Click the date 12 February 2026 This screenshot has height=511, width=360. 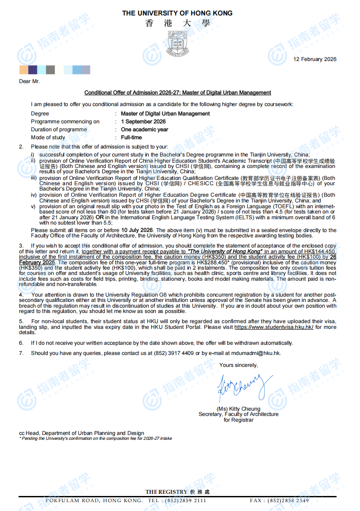315,59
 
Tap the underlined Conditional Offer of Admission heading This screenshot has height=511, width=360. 178,93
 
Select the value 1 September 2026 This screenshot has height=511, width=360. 143,122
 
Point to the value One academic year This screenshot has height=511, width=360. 145,130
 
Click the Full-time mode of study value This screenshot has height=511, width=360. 131,137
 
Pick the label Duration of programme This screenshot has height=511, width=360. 59,130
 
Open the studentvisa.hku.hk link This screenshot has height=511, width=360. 274,327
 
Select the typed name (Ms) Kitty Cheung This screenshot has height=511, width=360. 238,409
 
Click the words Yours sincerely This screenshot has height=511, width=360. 238,365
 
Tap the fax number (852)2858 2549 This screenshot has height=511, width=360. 291,500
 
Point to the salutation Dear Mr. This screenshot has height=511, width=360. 29,81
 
